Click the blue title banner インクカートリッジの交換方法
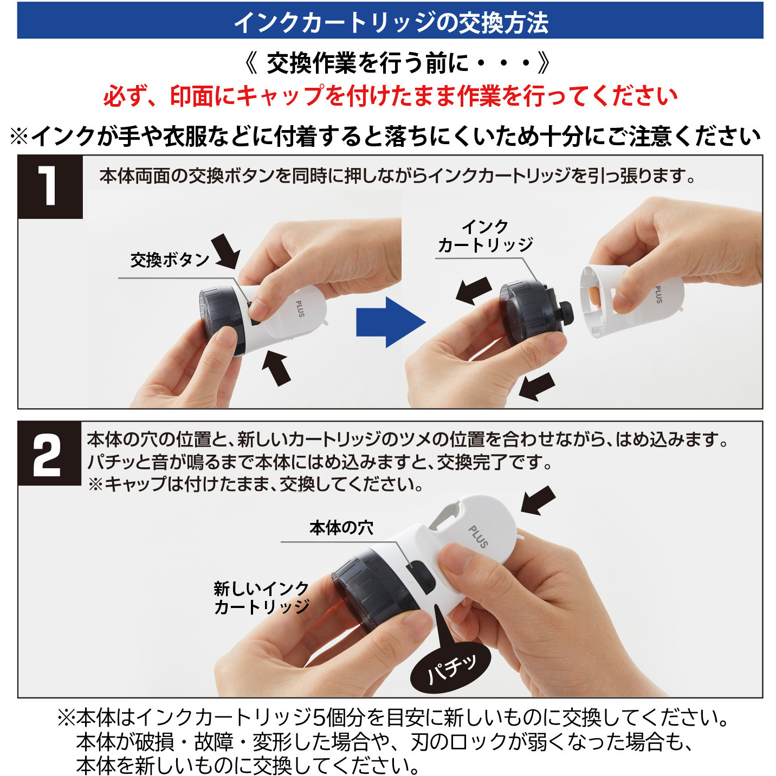(390, 21)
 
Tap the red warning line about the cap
(390, 96)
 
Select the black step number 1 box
(50, 187)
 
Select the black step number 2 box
(49, 453)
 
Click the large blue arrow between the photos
(391, 322)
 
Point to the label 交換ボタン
(170, 260)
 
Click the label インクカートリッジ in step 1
(485, 236)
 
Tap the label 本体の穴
(341, 528)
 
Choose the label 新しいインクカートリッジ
(262, 598)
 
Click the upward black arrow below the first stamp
(277, 367)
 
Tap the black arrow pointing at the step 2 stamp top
(538, 500)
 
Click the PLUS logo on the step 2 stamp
(478, 537)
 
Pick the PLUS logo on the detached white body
(659, 294)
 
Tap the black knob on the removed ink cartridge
(566, 313)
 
